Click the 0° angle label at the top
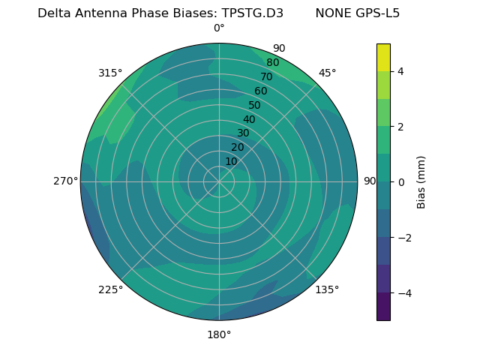pos(219,28)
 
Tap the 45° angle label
pos(327,73)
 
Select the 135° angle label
pos(327,289)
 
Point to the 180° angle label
pos(219,334)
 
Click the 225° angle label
pos(110,289)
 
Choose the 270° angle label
pos(66,181)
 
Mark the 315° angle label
pos(110,73)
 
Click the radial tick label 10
pos(231,161)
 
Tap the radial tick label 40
pos(249,120)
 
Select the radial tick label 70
pos(267,77)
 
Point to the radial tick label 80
pos(273,63)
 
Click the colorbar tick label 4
pos(401,71)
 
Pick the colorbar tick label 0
pos(401,181)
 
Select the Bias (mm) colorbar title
pos(421,181)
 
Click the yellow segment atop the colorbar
pos(383,57)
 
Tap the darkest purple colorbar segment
pos(383,306)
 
